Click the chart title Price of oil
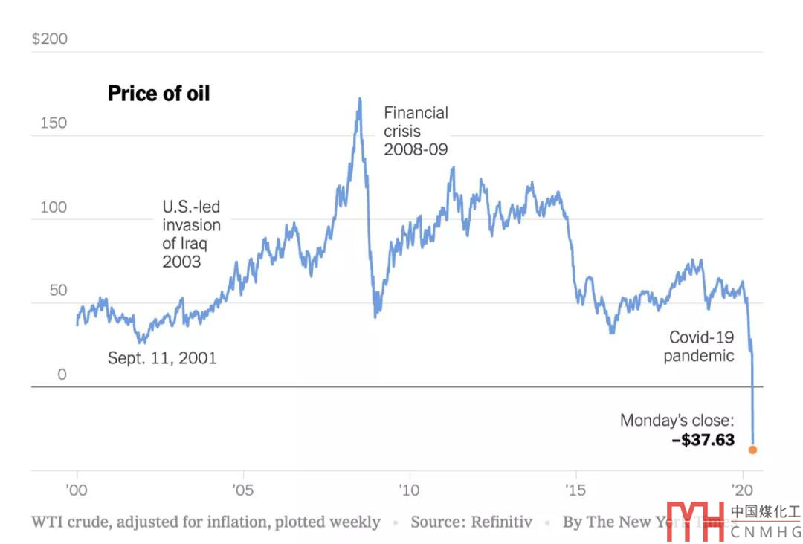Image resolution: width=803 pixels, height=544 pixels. [158, 94]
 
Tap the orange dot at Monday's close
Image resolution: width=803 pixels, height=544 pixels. [752, 450]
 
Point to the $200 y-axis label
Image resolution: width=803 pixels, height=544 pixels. [49, 39]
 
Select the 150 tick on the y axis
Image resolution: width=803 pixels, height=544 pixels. [53, 123]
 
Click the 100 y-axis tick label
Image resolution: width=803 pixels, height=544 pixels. [53, 207]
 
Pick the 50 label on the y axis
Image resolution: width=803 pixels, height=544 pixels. [58, 290]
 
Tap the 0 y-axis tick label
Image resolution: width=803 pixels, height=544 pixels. [62, 375]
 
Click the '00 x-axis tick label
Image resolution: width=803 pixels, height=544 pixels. [77, 490]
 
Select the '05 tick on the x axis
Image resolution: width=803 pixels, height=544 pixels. [242, 490]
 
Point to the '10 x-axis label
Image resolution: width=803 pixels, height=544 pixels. [409, 490]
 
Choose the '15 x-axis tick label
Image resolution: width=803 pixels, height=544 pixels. [575, 490]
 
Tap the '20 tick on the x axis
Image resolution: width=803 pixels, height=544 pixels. [742, 490]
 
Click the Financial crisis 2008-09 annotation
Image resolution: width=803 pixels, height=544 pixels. [416, 131]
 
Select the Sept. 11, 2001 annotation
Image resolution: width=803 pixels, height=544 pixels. [162, 358]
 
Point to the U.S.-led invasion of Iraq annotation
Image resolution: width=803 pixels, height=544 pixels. [191, 234]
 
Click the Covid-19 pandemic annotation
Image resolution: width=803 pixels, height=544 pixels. [699, 346]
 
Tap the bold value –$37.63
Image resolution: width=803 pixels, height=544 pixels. [703, 440]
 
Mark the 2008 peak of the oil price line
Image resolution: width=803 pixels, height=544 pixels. [360, 99]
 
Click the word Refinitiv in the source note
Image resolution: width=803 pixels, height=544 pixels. [502, 522]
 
